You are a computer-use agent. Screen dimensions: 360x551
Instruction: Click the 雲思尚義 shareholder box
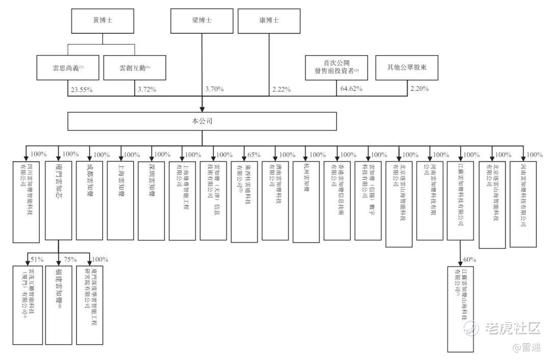coord(68,67)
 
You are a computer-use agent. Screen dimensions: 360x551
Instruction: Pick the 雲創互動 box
coord(135,67)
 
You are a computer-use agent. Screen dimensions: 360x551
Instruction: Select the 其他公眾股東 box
coord(407,67)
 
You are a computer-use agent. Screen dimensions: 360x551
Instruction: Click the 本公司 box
coord(203,122)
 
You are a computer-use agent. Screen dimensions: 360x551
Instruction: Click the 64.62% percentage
coord(351,89)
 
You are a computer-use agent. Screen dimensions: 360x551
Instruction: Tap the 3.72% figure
coord(146,90)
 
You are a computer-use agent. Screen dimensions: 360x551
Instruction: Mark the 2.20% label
coord(419,89)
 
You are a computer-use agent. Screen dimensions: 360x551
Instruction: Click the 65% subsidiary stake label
coord(253,155)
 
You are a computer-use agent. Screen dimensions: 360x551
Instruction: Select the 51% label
coord(37,259)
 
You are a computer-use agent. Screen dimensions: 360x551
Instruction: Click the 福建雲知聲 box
coord(59,304)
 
